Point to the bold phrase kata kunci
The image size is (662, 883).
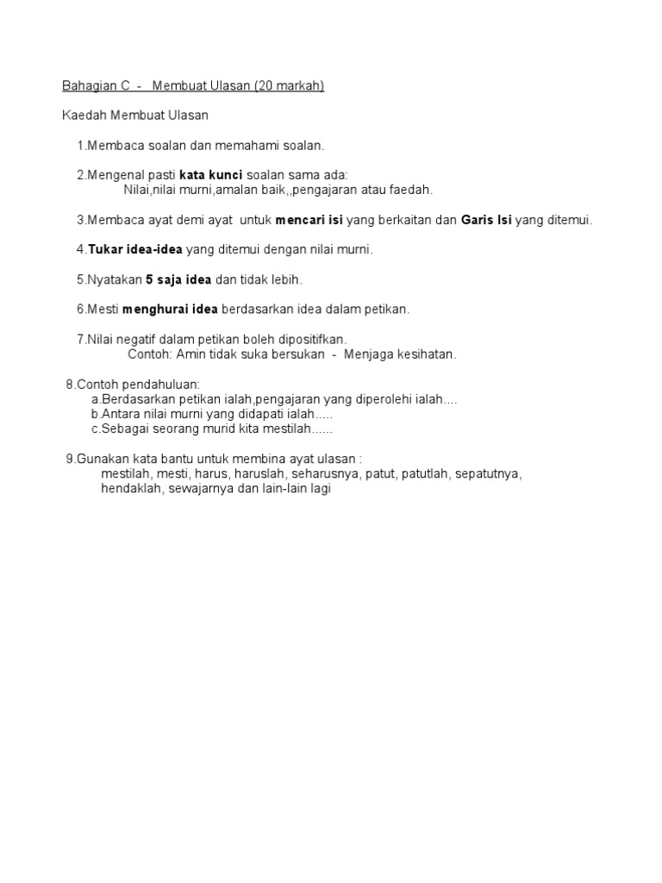click(211, 175)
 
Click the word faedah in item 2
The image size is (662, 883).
click(411, 190)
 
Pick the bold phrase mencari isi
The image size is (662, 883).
click(309, 220)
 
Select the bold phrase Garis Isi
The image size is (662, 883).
click(485, 220)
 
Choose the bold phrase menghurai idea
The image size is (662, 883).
click(171, 310)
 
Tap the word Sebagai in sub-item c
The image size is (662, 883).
click(124, 429)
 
